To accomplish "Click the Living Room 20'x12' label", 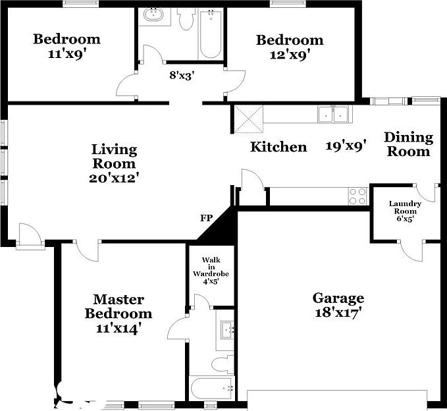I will [114, 163].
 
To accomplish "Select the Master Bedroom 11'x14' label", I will [118, 314].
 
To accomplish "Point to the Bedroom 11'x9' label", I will [66, 46].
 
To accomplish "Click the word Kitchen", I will [278, 147].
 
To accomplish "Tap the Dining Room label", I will [408, 144].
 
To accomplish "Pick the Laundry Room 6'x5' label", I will [404, 211].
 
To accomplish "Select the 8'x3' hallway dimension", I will [181, 75].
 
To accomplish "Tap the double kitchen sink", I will [332, 114].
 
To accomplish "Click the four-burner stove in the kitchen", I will [357, 196].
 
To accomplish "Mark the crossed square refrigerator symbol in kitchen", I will [250, 119].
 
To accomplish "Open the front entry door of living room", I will [30, 236].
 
